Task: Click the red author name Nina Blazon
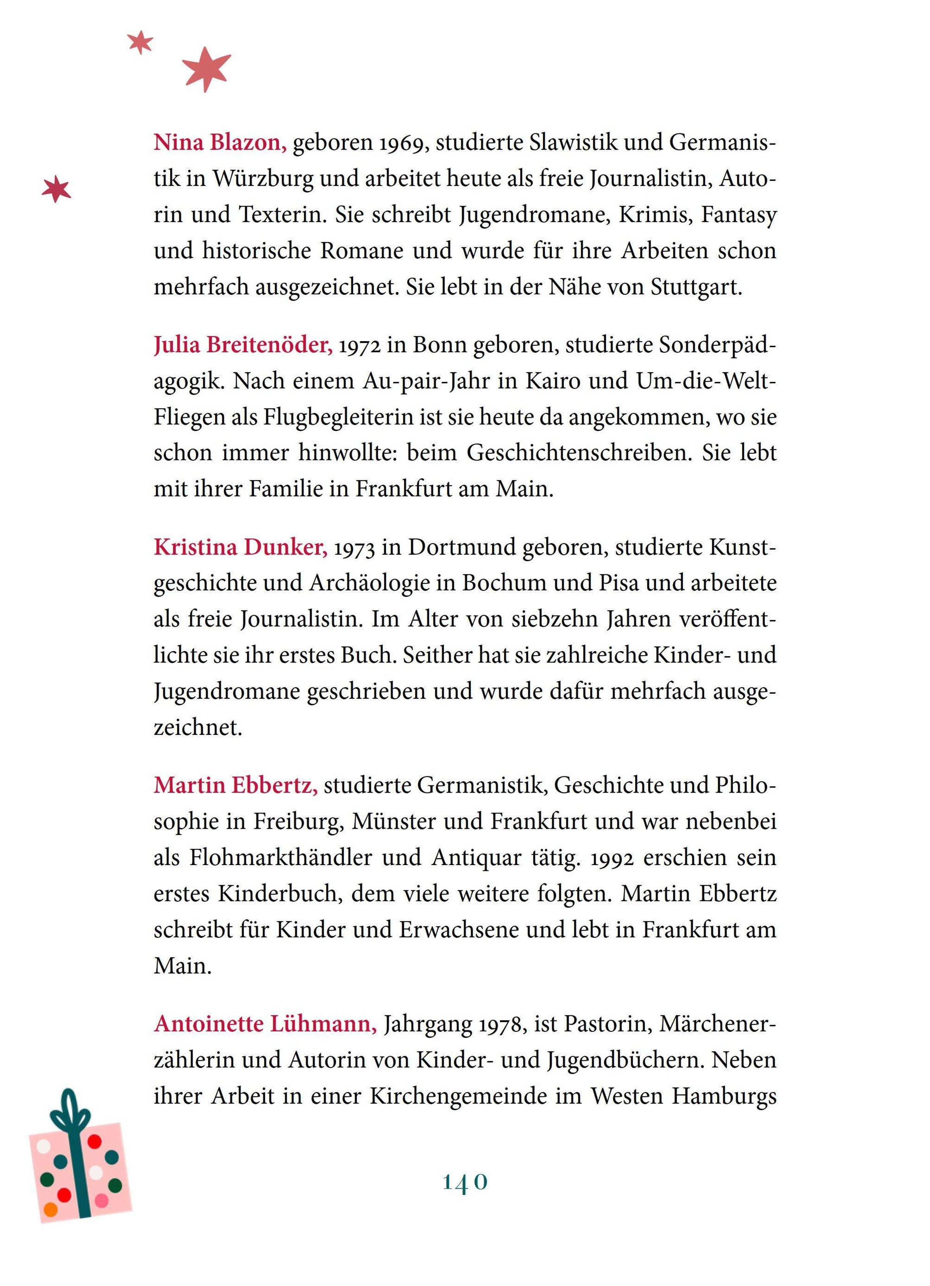tap(220, 142)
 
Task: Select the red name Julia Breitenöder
tap(243, 345)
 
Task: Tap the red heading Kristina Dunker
tap(240, 547)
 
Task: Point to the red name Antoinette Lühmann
tap(265, 1024)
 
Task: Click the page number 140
tap(465, 1182)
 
